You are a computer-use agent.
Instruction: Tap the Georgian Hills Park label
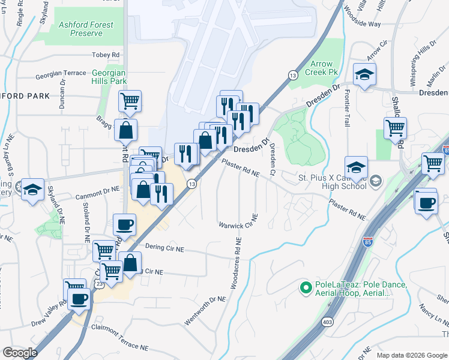pos(109,76)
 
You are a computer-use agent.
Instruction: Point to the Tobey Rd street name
pos(106,55)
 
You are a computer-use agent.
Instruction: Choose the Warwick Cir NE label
pos(238,226)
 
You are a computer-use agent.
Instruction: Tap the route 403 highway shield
pos(327,321)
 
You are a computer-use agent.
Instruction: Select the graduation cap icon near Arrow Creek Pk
pos(364,74)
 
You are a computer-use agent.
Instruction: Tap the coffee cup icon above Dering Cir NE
pos(124,224)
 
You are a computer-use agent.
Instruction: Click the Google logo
pos(20,353)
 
